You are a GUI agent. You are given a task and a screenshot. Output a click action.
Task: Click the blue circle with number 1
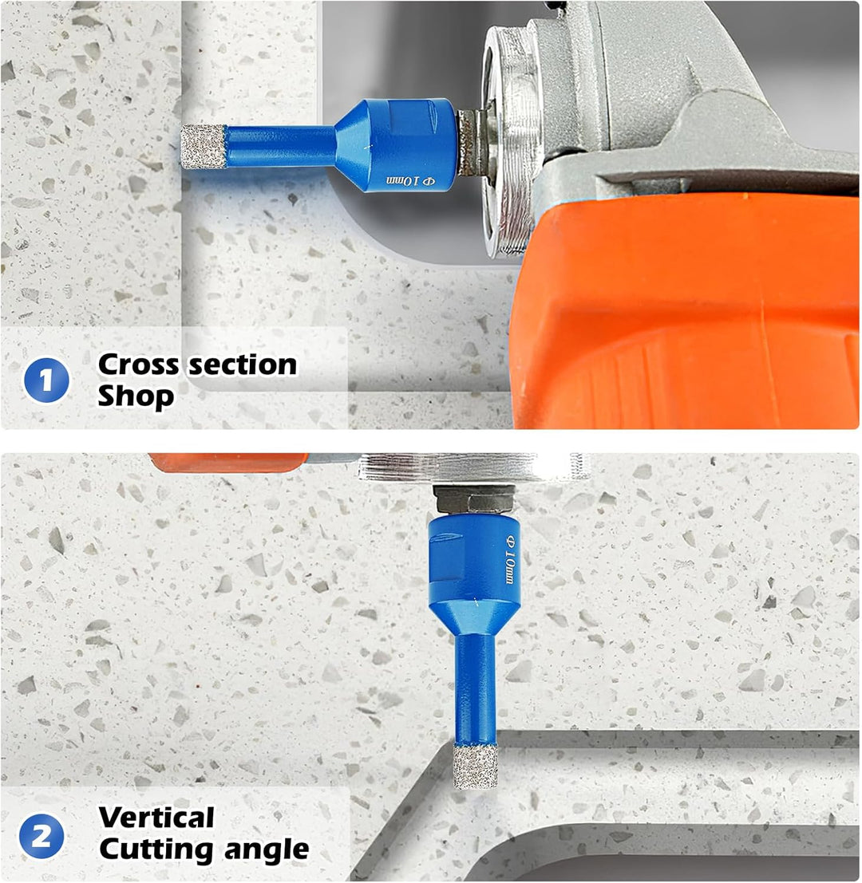point(46,380)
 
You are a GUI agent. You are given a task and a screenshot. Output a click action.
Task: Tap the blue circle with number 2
point(42,836)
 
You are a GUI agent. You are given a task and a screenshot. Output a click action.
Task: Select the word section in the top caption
point(243,365)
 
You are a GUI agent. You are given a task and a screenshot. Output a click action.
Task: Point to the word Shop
point(136,396)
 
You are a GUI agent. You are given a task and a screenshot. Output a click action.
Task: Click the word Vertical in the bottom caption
point(156,817)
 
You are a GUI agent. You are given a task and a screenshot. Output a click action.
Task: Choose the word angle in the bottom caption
point(267,850)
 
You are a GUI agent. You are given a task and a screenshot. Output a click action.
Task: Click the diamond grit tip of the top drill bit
point(204,147)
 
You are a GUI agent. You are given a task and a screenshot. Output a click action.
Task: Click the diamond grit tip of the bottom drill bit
point(476,766)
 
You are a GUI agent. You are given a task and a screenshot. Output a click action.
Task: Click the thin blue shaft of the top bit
point(281,147)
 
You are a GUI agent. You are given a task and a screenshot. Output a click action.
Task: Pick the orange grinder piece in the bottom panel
point(228,463)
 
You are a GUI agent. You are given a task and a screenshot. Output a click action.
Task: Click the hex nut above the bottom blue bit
point(475,499)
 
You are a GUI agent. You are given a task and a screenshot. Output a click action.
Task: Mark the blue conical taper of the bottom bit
point(474,617)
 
